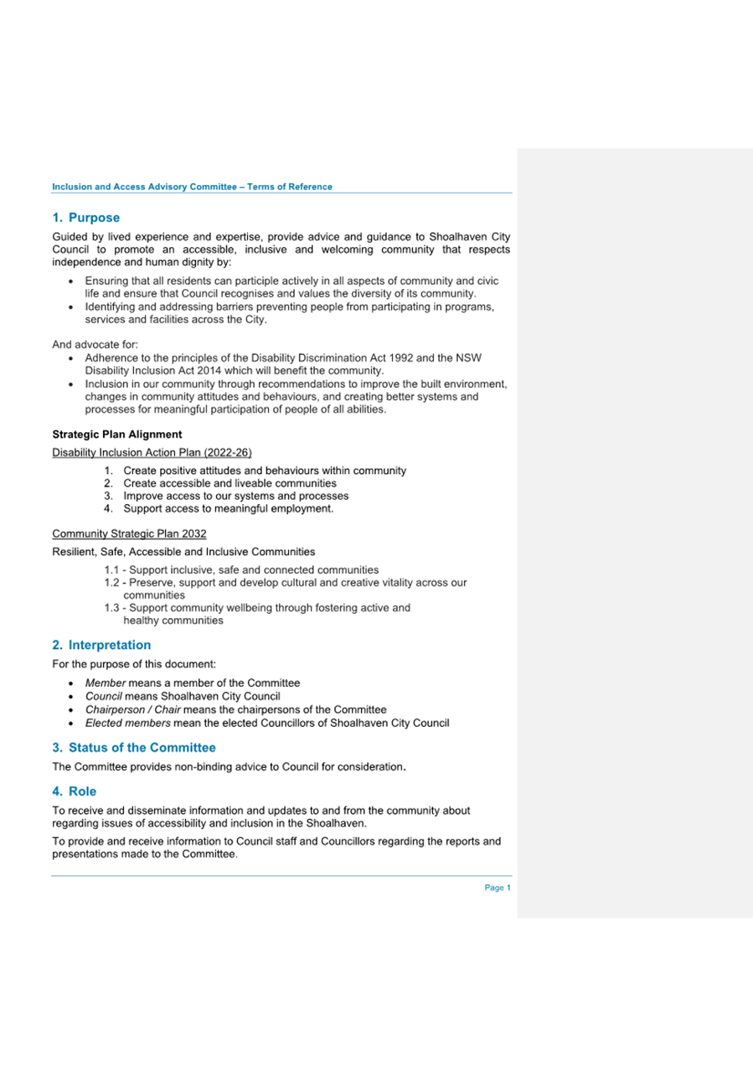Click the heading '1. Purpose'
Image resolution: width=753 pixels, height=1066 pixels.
pyautogui.click(x=86, y=218)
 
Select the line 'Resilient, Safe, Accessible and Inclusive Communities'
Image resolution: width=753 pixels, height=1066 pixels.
pyautogui.click(x=183, y=552)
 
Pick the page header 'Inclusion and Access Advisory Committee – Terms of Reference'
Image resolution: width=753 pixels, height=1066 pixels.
pyautogui.click(x=192, y=186)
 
